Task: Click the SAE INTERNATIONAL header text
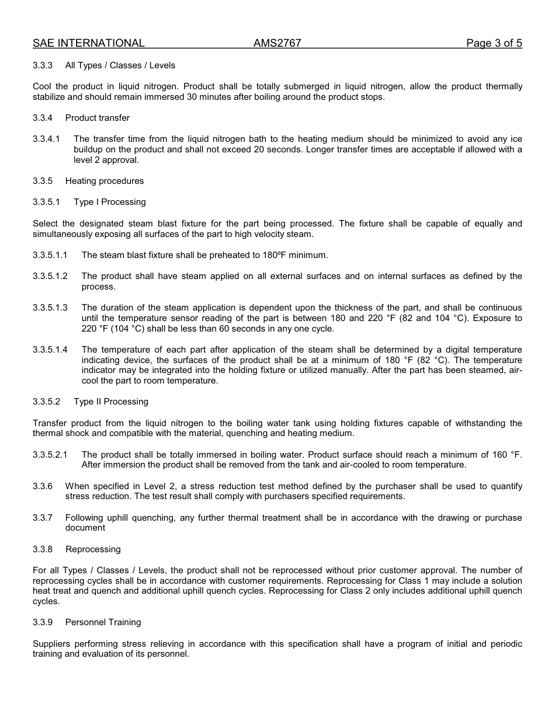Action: click(89, 43)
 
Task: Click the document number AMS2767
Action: click(277, 43)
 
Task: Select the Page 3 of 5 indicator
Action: click(494, 43)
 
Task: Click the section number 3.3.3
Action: click(43, 65)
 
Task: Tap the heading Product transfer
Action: click(98, 118)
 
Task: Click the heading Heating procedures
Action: click(105, 181)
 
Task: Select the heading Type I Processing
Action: click(110, 202)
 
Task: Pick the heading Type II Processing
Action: click(111, 402)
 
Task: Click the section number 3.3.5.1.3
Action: click(50, 308)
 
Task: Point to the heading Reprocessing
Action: click(93, 549)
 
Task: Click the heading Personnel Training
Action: click(103, 622)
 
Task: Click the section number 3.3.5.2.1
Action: click(50, 455)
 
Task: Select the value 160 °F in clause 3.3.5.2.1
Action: click(507, 455)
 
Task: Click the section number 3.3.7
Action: click(43, 518)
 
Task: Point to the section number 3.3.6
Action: click(43, 486)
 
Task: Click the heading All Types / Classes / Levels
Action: click(120, 65)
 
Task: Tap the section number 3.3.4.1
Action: click(46, 139)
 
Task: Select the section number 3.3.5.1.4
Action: click(50, 350)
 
